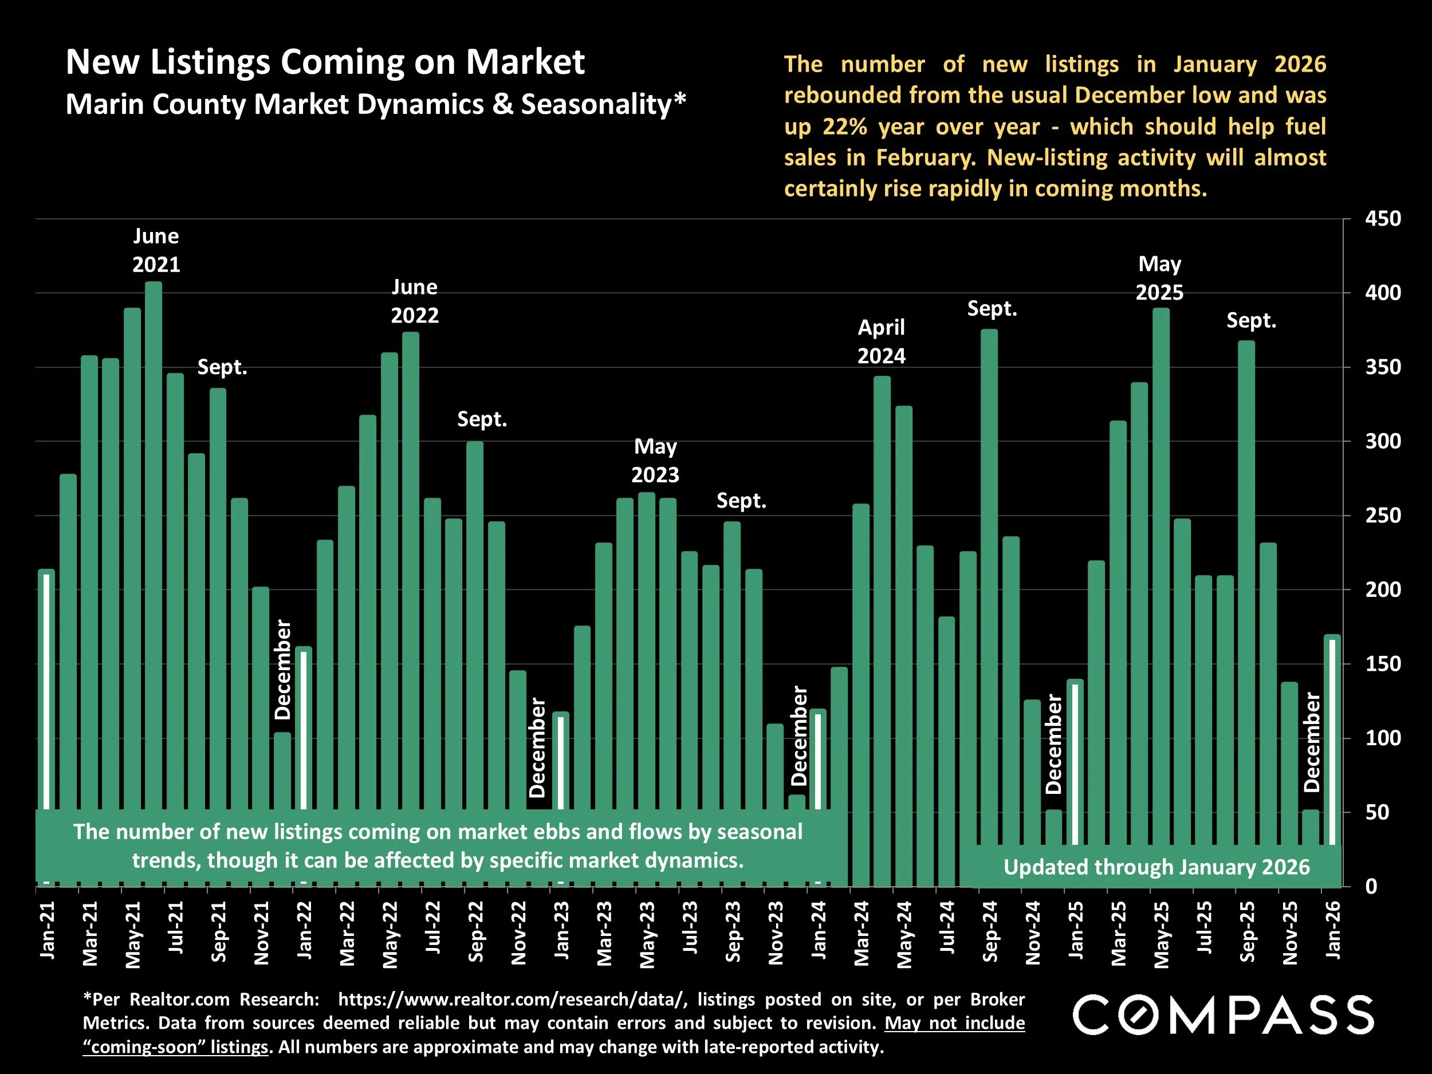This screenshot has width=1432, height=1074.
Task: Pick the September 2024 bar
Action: (989, 583)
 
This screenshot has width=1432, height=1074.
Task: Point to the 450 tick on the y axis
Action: (1383, 219)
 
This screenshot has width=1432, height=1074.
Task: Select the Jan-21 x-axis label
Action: (48, 930)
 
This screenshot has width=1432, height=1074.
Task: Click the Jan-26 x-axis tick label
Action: (1333, 930)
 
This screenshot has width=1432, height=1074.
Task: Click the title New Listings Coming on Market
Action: (325, 62)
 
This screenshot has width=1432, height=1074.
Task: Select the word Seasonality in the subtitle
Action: (596, 104)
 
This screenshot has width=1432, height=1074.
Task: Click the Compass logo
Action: (1223, 1015)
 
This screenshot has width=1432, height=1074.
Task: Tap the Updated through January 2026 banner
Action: (1156, 867)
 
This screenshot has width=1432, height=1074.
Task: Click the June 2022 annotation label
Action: (414, 301)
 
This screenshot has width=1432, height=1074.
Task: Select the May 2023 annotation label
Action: (655, 461)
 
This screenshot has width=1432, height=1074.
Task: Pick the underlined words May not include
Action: (955, 1023)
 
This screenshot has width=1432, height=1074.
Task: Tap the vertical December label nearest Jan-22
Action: (283, 670)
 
